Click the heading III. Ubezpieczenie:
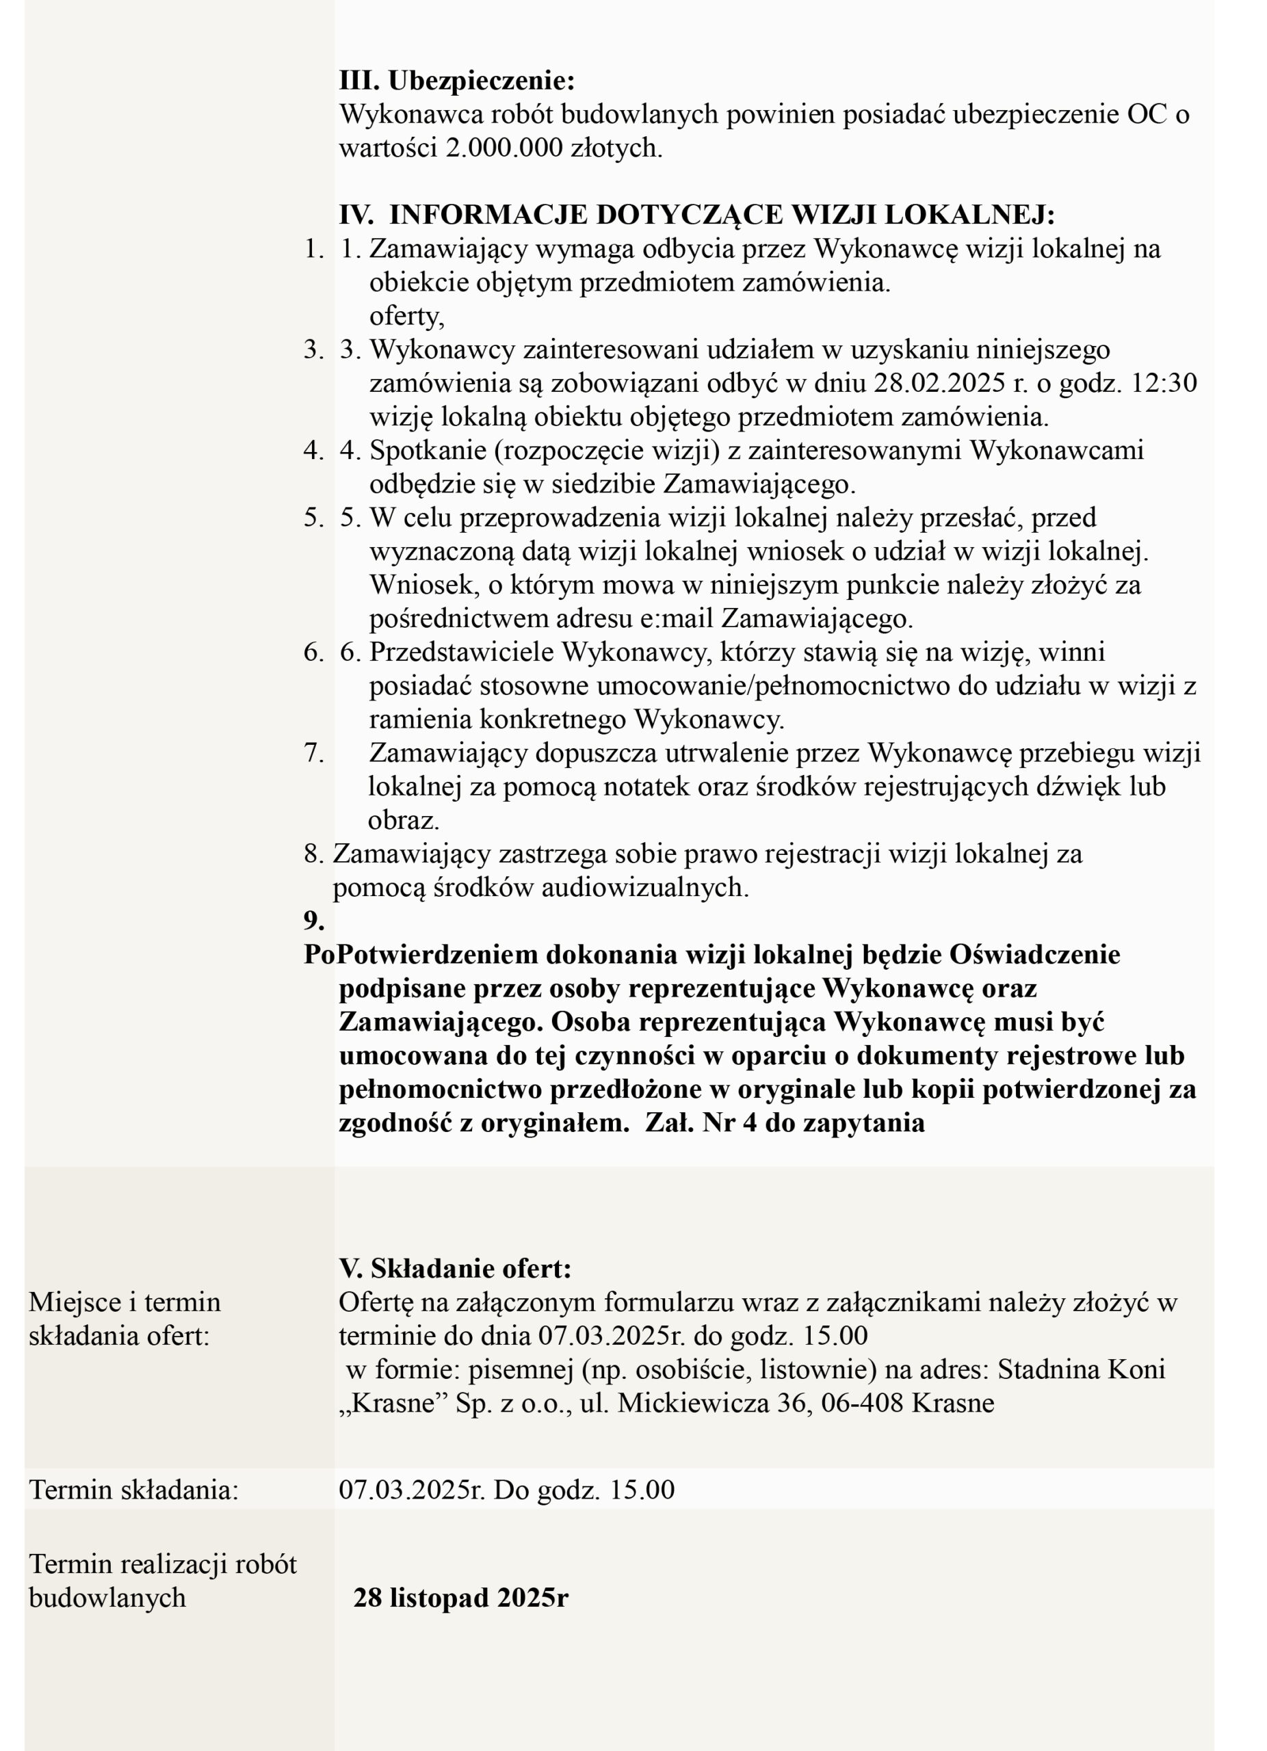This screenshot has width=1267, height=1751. coord(456,80)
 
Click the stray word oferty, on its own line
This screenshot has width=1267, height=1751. coord(406,316)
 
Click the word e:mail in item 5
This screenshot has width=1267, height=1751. coord(680,618)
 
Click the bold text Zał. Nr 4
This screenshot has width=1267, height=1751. coord(701,1122)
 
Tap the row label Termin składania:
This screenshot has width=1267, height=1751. coord(133,1489)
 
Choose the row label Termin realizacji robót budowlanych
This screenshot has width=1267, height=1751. coord(162,1581)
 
